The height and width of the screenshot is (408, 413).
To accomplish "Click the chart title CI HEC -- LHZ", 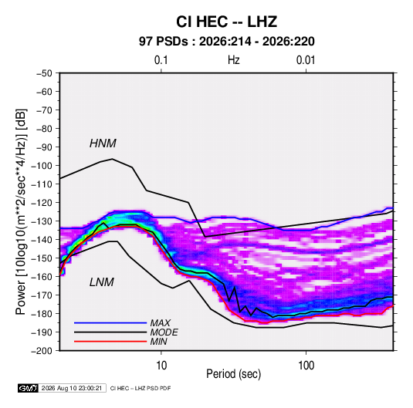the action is [x=226, y=22].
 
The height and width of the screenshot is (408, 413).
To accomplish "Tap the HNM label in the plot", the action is [x=103, y=143].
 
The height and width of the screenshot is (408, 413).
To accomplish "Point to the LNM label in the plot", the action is [x=102, y=282].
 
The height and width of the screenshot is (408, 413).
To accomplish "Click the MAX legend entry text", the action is [x=160, y=323].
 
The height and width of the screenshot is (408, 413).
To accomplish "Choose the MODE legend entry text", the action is [x=164, y=332].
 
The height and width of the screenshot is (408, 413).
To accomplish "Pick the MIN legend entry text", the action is [x=158, y=342].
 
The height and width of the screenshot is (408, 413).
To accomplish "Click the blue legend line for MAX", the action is [x=110, y=323].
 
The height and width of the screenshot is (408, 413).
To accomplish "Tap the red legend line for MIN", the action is [x=110, y=342].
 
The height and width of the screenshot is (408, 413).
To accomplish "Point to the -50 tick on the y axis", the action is [x=44, y=73].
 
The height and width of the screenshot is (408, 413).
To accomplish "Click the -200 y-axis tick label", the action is [x=42, y=351].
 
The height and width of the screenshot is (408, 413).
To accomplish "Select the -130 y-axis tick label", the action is [x=42, y=221].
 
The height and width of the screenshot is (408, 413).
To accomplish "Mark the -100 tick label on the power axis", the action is [x=42, y=166].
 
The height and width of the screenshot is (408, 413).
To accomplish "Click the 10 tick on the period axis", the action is [x=161, y=366].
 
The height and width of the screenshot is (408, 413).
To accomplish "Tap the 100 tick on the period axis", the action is [x=306, y=366].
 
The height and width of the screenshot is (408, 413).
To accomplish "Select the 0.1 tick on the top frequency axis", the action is [x=161, y=60].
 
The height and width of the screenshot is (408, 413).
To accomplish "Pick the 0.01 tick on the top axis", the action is [x=306, y=60].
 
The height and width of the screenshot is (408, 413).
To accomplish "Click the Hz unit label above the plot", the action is [x=234, y=60].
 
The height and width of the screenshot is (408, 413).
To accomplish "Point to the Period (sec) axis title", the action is [x=234, y=374].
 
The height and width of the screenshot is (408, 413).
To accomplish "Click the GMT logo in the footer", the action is [x=29, y=388].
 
